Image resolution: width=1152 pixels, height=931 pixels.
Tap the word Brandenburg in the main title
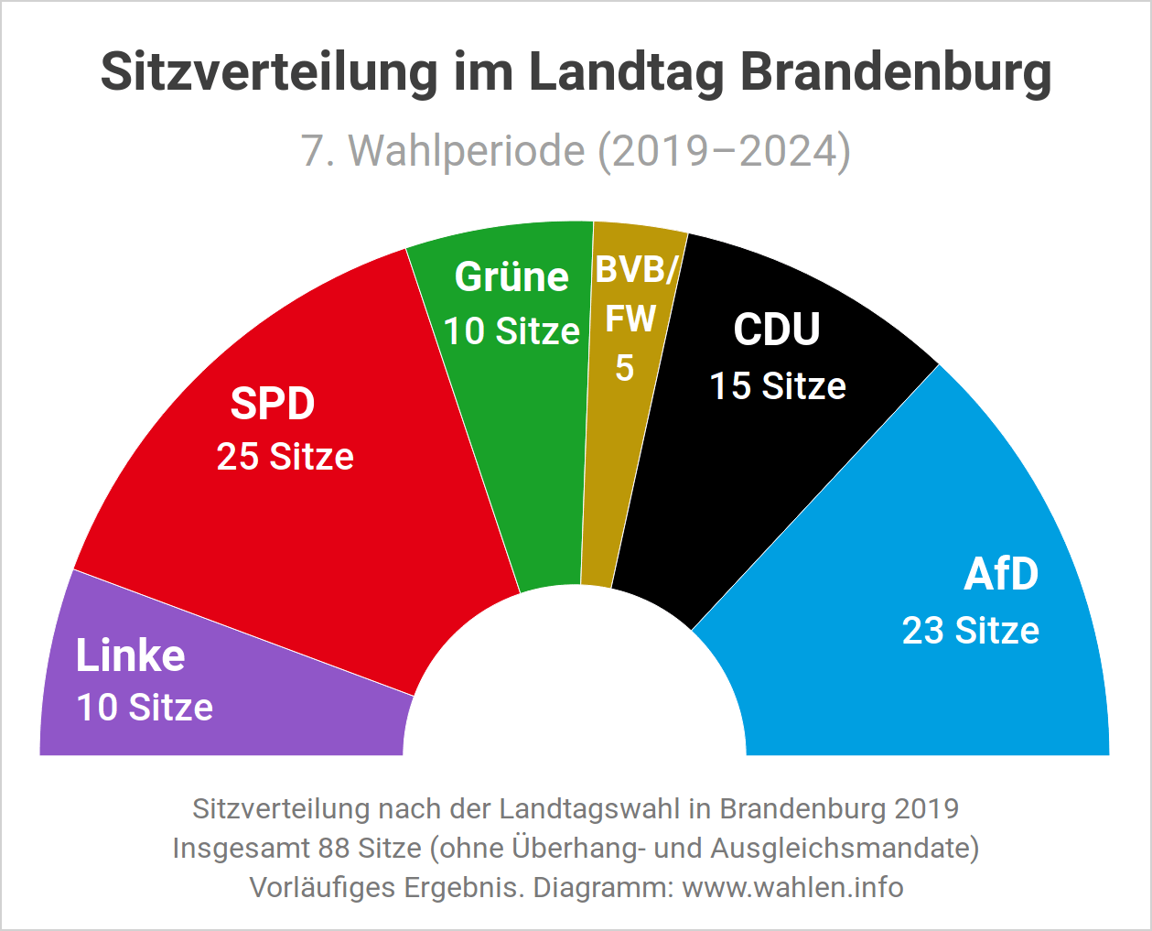tap(895, 71)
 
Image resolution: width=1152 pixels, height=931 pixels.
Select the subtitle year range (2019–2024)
tap(724, 151)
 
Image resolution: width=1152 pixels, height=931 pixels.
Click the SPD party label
tap(273, 404)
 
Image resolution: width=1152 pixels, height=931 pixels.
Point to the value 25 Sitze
tap(285, 457)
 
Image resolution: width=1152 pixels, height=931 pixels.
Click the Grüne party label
tap(511, 276)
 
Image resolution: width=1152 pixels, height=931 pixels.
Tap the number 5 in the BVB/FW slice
tap(624, 368)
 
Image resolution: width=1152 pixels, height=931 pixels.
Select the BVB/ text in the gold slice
tap(637, 271)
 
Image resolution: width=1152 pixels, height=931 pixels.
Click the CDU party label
tap(777, 330)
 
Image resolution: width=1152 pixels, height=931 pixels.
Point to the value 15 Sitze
tap(778, 386)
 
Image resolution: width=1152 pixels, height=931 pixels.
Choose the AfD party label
tap(1001, 575)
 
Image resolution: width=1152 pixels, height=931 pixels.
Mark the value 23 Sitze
tap(971, 631)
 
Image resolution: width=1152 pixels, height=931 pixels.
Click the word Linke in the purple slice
tap(131, 655)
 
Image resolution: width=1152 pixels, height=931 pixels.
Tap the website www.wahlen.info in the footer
tap(792, 887)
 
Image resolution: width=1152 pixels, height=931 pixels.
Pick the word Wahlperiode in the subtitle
tap(467, 151)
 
